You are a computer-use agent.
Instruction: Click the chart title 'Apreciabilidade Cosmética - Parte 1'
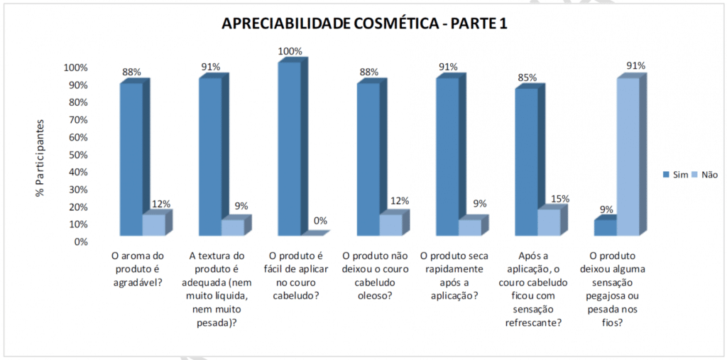(364, 23)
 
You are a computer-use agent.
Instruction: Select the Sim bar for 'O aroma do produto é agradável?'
(131, 160)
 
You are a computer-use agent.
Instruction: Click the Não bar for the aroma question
(154, 224)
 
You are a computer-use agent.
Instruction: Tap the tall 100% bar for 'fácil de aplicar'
(289, 149)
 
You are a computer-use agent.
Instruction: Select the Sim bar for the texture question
(210, 156)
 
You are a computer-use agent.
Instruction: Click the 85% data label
(527, 78)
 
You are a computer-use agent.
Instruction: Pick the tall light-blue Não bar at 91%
(627, 156)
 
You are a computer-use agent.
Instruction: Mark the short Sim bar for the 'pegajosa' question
(605, 227)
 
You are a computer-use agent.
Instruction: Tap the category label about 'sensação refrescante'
(535, 287)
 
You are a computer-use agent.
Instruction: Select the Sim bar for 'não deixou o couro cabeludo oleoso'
(368, 160)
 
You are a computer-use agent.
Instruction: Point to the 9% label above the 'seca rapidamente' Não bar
(480, 204)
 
